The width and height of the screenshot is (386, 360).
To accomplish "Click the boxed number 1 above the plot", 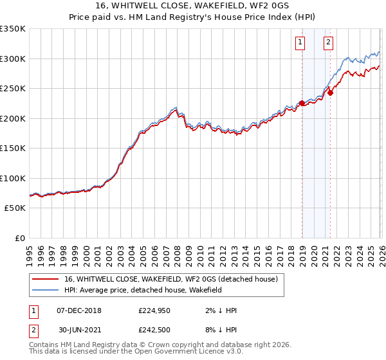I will (x=300, y=43).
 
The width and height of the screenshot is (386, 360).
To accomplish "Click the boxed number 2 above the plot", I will (x=329, y=43).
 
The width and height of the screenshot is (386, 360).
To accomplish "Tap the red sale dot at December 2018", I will (x=302, y=103).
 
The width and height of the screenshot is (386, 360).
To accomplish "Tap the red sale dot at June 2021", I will (x=330, y=93).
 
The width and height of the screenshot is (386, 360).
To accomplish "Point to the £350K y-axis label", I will (x=13, y=29).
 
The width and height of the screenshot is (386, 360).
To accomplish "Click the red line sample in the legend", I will (x=46, y=279).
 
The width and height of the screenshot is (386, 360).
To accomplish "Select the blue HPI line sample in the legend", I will (x=46, y=290).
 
